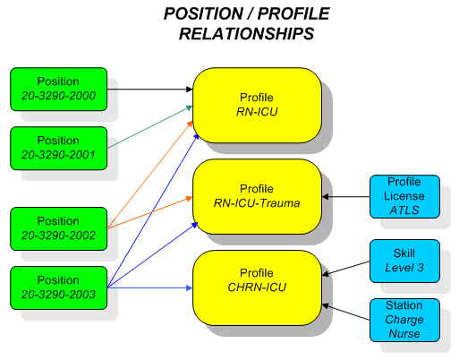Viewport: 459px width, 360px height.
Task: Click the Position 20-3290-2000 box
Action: pyautogui.click(x=59, y=89)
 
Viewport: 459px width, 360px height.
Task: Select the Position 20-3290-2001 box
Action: pyautogui.click(x=59, y=148)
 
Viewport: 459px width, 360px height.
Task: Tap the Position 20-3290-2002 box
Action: pyautogui.click(x=59, y=228)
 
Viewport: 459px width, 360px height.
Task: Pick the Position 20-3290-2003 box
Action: pyautogui.click(x=59, y=287)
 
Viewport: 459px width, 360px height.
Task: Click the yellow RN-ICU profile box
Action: pyautogui.click(x=257, y=105)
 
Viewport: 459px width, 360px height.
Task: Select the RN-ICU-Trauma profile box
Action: pyautogui.click(x=257, y=196)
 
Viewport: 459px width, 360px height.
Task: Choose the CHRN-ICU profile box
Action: pyautogui.click(x=257, y=287)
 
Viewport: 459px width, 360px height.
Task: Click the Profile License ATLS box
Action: pyautogui.click(x=404, y=196)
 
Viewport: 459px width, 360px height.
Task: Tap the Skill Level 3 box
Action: pyautogui.click(x=404, y=261)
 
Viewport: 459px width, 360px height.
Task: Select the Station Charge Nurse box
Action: pyautogui.click(x=404, y=320)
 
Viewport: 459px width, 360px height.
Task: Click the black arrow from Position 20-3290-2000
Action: pyautogui.click(x=149, y=89)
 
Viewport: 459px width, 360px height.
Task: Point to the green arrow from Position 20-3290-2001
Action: pyautogui.click(x=149, y=127)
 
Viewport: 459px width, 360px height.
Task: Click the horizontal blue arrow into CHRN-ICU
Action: pyautogui.click(x=149, y=287)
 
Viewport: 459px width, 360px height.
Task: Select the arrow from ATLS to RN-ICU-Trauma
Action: pyautogui.click(x=346, y=196)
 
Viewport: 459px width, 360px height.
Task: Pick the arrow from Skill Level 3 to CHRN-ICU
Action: pyautogui.click(x=346, y=268)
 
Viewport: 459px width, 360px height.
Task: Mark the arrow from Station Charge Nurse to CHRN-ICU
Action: pyautogui.click(x=346, y=313)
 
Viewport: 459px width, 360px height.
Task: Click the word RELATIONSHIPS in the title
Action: pyautogui.click(x=246, y=33)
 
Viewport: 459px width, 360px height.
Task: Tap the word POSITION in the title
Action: pyautogui.click(x=203, y=13)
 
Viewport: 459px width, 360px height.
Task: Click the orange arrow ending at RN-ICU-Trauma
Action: pyautogui.click(x=149, y=212)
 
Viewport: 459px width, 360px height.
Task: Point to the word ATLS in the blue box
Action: pyautogui.click(x=404, y=210)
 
